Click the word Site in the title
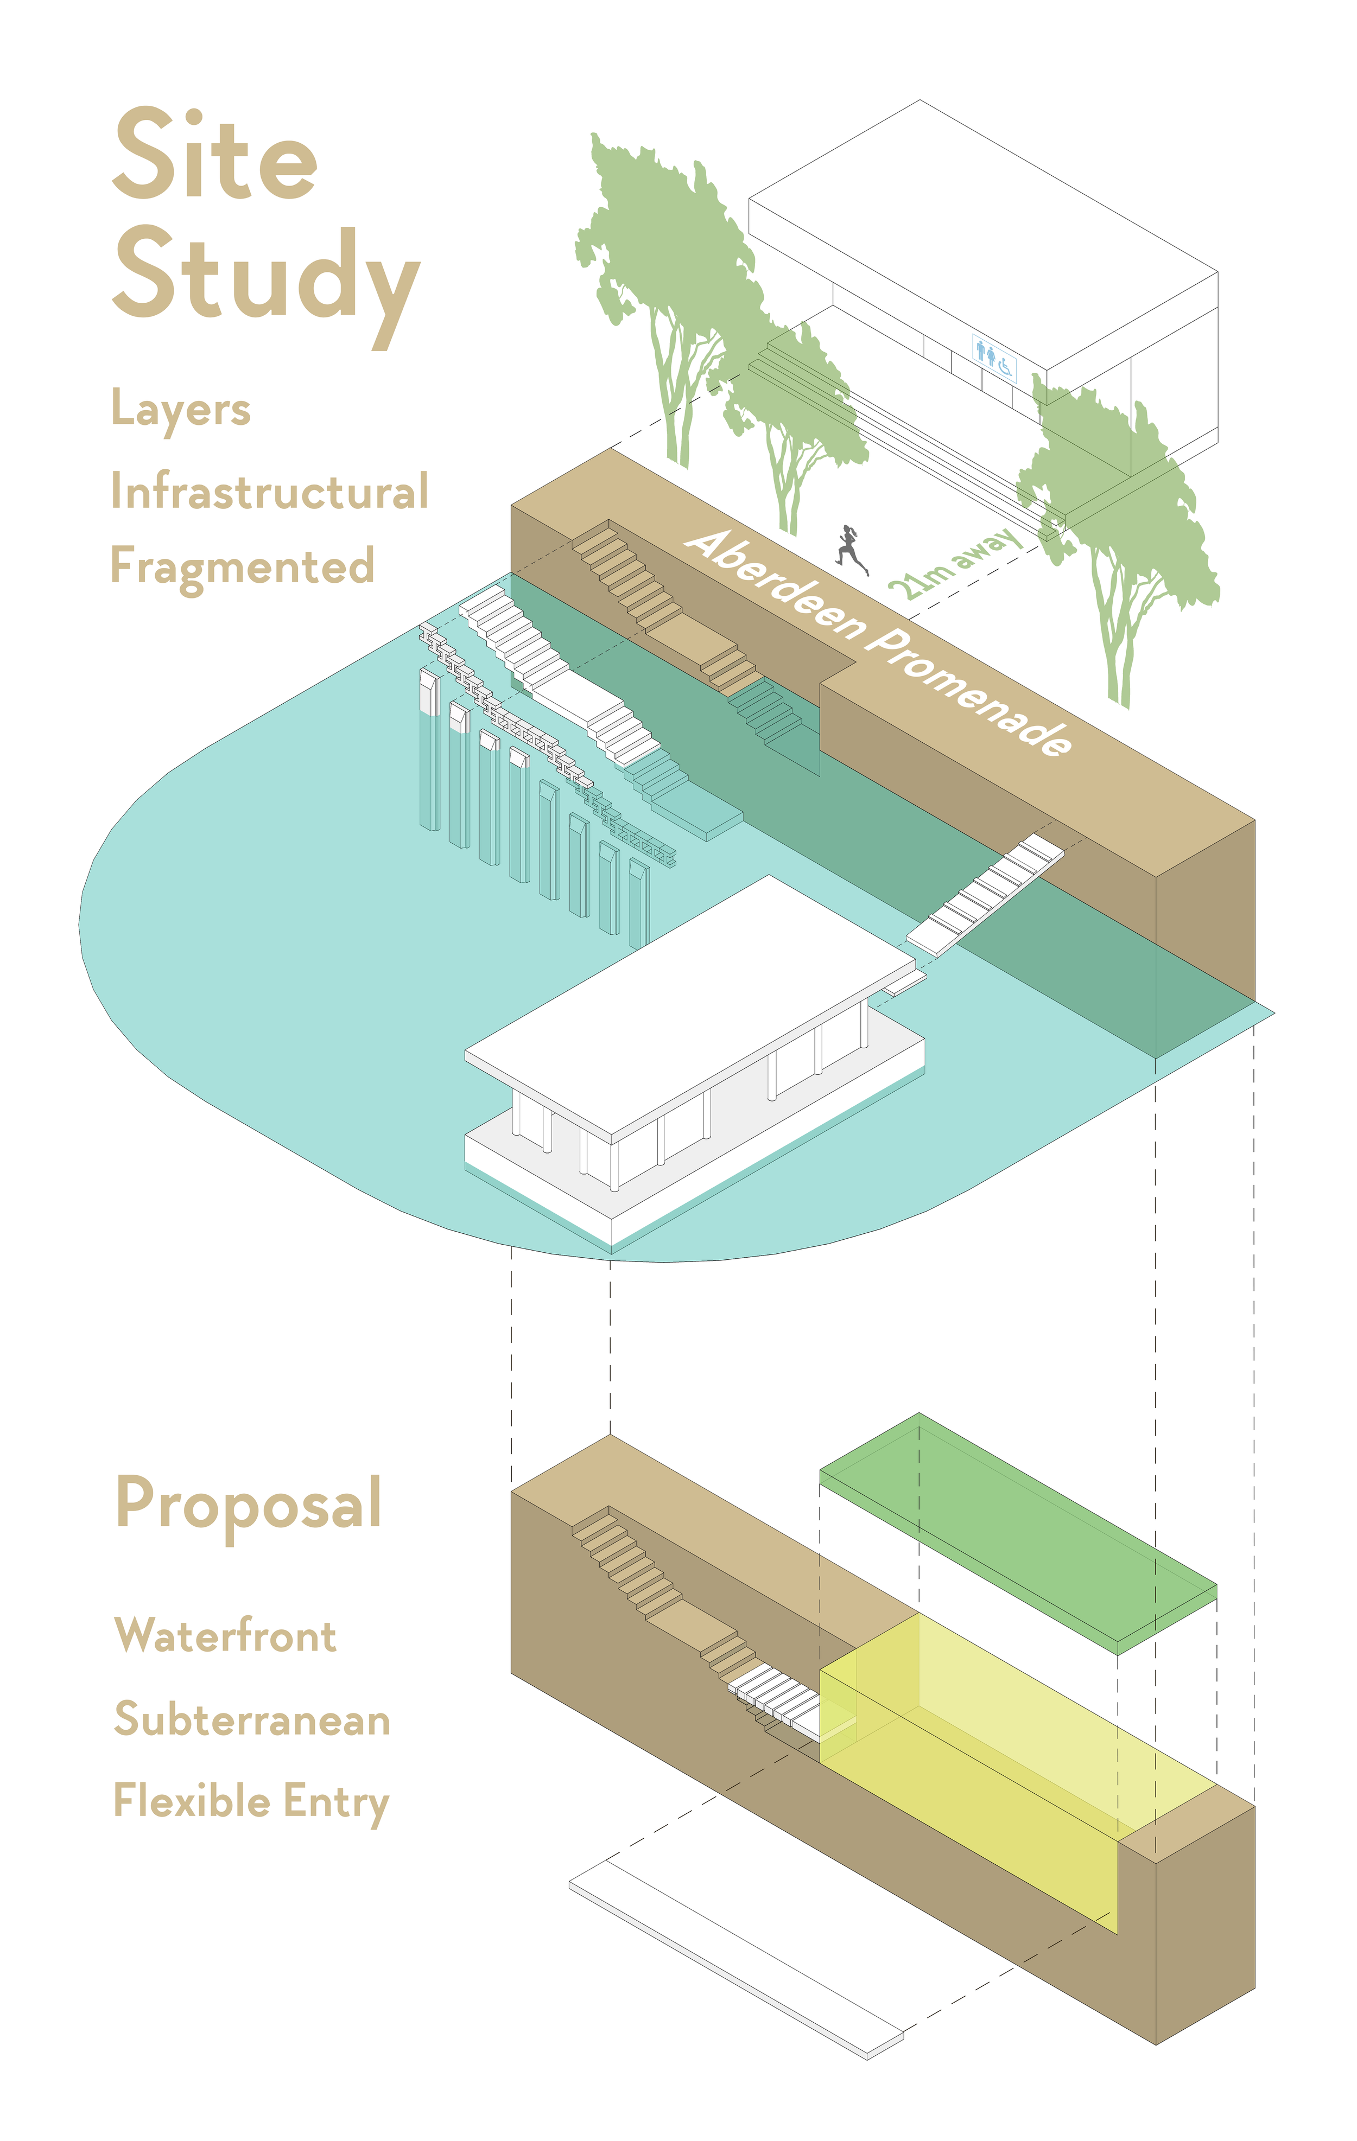click(215, 156)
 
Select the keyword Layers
click(181, 410)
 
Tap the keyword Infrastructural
click(269, 492)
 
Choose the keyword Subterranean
click(252, 1719)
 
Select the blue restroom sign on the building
click(993, 356)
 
